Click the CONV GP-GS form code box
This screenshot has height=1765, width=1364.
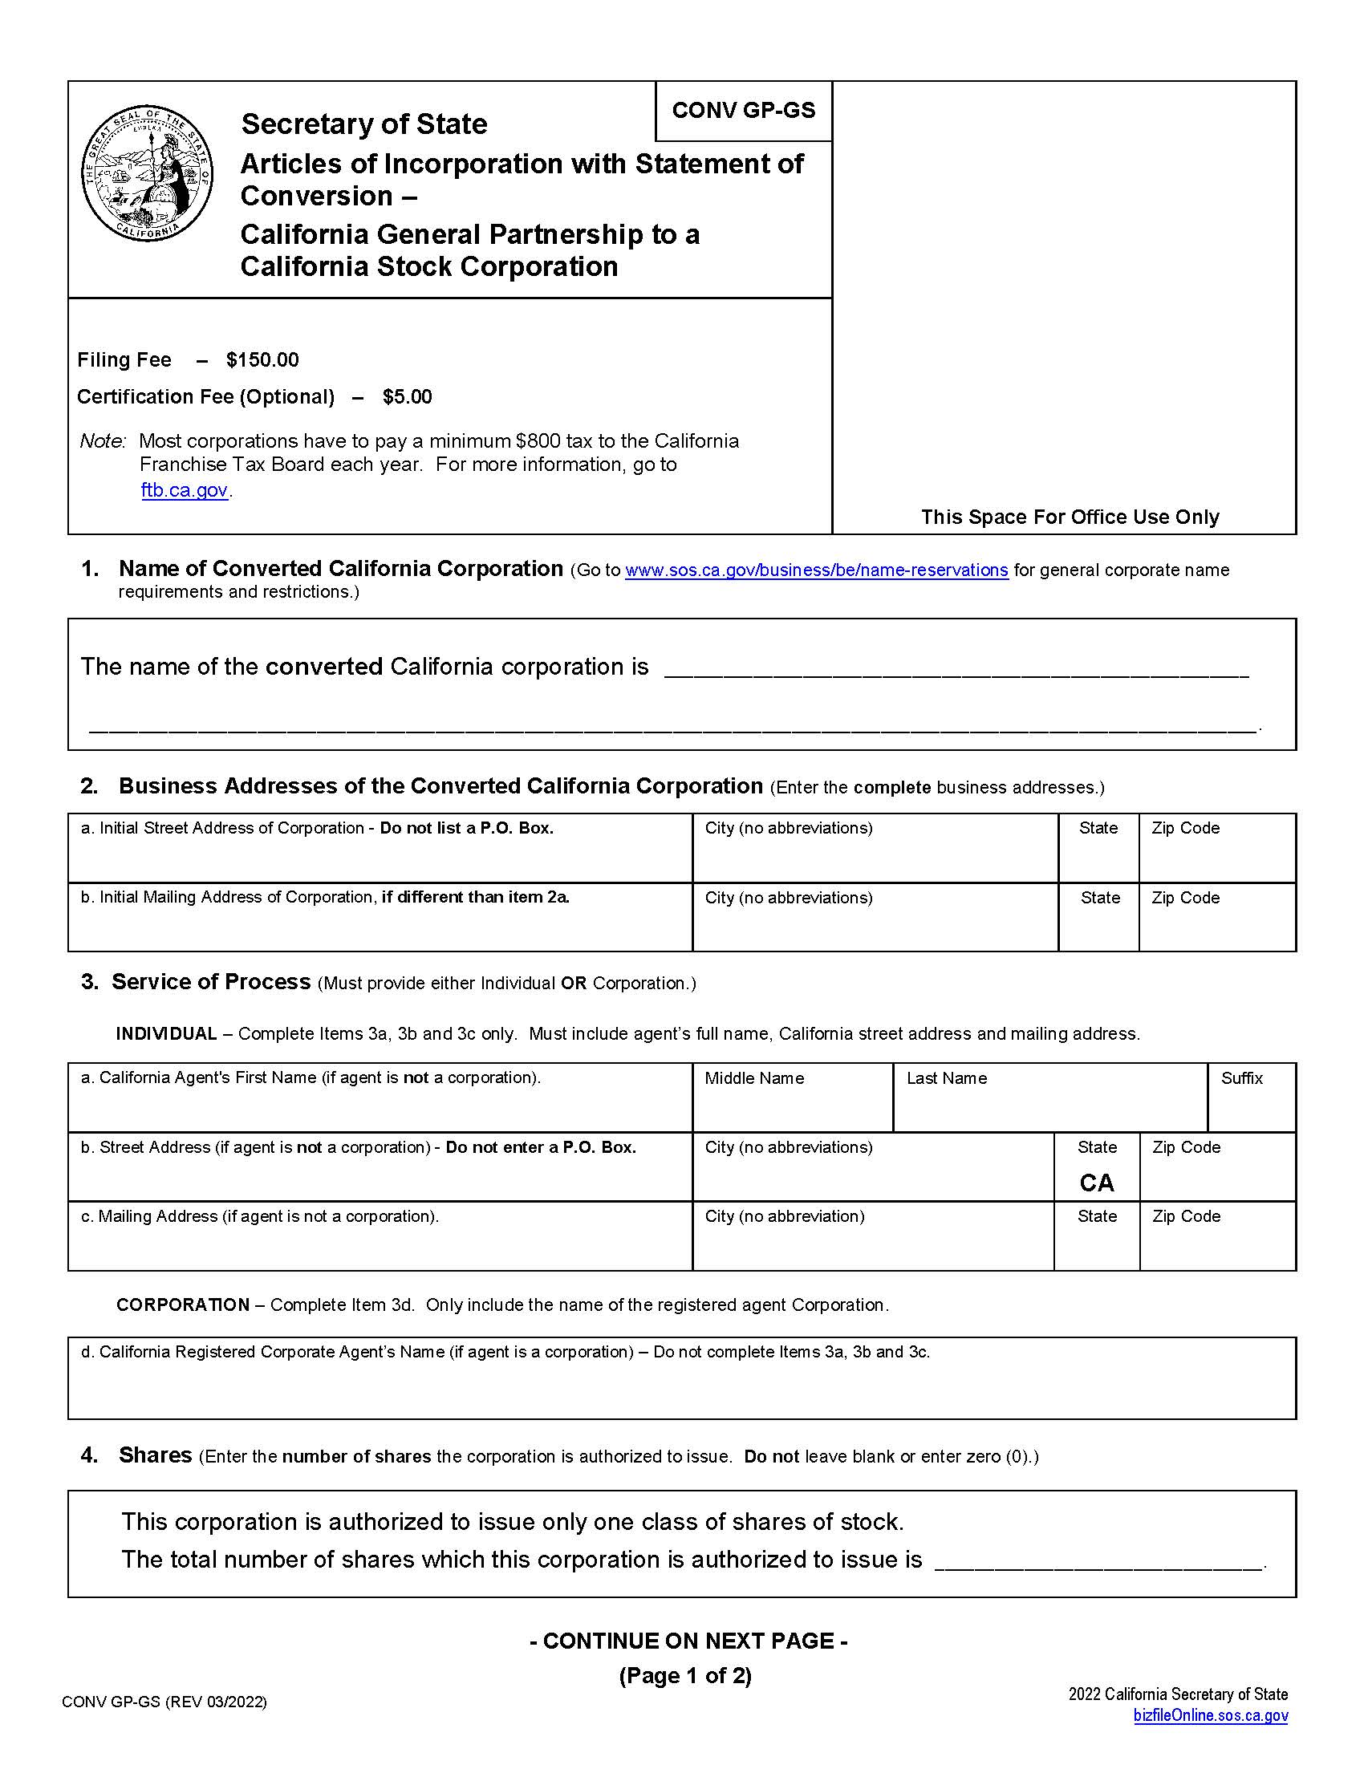pyautogui.click(x=744, y=111)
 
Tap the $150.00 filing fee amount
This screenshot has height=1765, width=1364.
pyautogui.click(x=262, y=359)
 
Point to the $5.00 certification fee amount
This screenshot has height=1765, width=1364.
pyautogui.click(x=408, y=397)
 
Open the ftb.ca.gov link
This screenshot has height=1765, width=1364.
pyautogui.click(x=185, y=489)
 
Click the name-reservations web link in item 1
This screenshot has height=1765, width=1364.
pyautogui.click(x=816, y=570)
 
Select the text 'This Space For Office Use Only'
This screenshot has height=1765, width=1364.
pyautogui.click(x=1069, y=517)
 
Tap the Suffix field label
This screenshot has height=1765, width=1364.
pyautogui.click(x=1241, y=1078)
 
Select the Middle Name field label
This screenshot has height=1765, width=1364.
pyautogui.click(x=754, y=1078)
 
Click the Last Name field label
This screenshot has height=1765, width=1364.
pyautogui.click(x=946, y=1078)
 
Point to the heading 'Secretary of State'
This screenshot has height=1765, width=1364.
pyautogui.click(x=363, y=124)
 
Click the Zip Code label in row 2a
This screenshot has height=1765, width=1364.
pyautogui.click(x=1185, y=828)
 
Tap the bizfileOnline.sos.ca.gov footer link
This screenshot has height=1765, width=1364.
pyautogui.click(x=1210, y=1715)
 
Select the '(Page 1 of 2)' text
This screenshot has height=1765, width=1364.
pyautogui.click(x=685, y=1675)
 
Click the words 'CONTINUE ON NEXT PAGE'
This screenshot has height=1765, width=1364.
pyautogui.click(x=688, y=1641)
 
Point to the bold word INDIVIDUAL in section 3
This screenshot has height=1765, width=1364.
pyautogui.click(x=166, y=1033)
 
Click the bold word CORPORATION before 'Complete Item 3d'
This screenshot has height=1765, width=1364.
pyautogui.click(x=183, y=1304)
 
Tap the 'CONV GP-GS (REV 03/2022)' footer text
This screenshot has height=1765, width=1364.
pyautogui.click(x=164, y=1701)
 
